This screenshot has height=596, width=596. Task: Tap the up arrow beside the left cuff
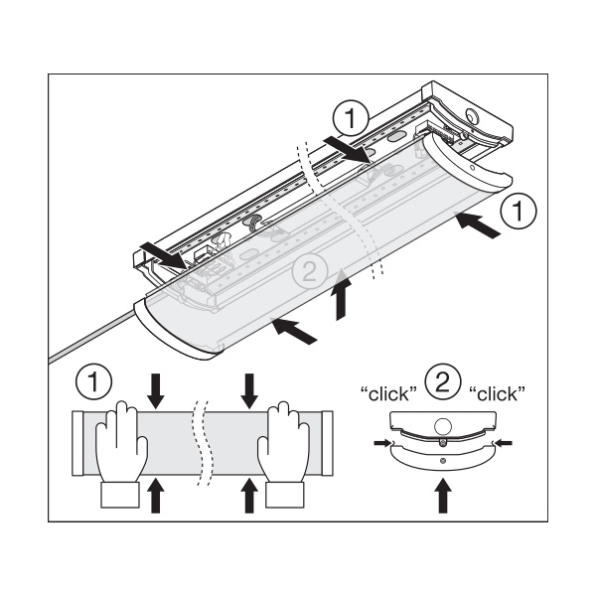coord(154,494)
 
